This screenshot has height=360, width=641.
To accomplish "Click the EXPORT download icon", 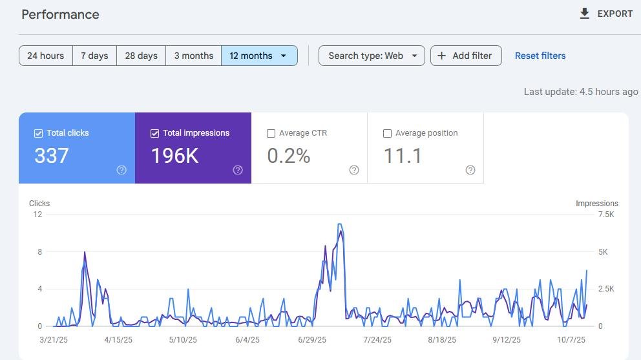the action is pos(585,14).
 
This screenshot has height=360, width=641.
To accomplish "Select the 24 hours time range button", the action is pos(46,56).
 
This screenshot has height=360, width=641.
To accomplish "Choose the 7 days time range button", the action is pos(94,56).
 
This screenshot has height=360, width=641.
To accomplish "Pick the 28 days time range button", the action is pos(141,56).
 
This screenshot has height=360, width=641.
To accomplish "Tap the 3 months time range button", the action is pos(194,56).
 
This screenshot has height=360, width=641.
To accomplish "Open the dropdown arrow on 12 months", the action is pos(283,56).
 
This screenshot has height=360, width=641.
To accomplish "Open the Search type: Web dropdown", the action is pos(372,56).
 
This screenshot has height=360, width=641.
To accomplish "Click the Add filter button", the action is pos(466,56).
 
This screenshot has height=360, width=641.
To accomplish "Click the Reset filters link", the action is pos(540,56).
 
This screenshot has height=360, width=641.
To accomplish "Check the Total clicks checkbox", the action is pos(38,133).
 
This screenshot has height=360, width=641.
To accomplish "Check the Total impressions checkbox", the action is pos(154,133).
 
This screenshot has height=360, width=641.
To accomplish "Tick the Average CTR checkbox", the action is pos(271,133).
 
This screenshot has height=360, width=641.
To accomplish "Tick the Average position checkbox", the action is pos(387,133).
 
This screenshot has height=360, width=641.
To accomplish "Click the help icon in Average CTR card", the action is pos(354,170).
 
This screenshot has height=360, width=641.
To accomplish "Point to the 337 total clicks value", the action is pos(52,156).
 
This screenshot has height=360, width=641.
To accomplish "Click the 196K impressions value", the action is pos(175,156).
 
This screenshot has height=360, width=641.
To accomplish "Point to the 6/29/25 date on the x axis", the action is pos(312,339).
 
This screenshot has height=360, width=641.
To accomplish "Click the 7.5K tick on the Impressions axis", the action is pos(606,215).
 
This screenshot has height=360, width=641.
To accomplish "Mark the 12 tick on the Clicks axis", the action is pos(37,215).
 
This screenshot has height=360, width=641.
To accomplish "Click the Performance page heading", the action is pos(60,14).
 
